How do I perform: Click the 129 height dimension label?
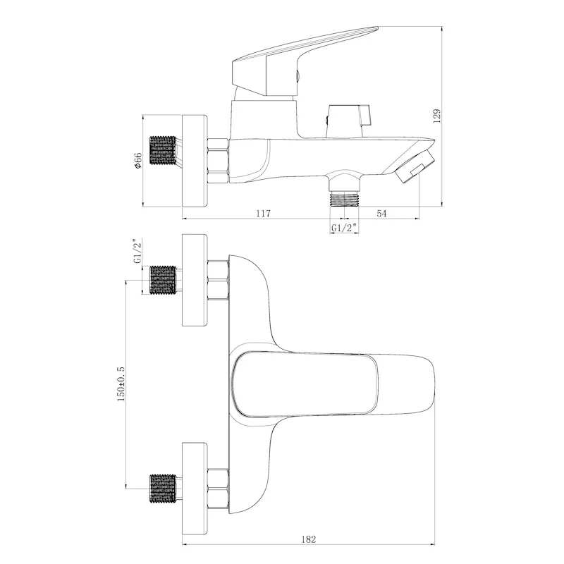pyautogui.click(x=437, y=116)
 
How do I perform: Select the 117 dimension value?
pyautogui.click(x=263, y=214)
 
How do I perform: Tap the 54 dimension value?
pyautogui.click(x=381, y=214)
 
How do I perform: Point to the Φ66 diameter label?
pyautogui.click(x=137, y=160)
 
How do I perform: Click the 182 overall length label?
pyautogui.click(x=308, y=539)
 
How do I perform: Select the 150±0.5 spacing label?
pyautogui.click(x=121, y=384)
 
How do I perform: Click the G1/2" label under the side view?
pyautogui.click(x=344, y=228)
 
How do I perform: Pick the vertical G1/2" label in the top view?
pyautogui.click(x=137, y=251)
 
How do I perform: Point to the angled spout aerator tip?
pyautogui.click(x=415, y=167)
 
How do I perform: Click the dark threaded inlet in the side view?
pyautogui.click(x=163, y=150)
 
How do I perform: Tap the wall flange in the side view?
pyautogui.click(x=195, y=161)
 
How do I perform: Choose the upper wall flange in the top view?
pyautogui.click(x=195, y=280)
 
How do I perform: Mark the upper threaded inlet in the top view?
pyautogui.click(x=163, y=280)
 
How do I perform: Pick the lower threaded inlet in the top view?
pyautogui.click(x=163, y=489)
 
